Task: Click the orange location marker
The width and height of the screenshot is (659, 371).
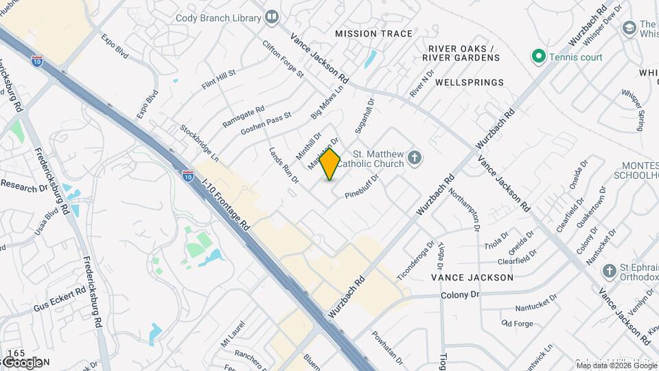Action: tap(330, 164)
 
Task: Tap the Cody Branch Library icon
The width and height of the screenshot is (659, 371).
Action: tap(273, 16)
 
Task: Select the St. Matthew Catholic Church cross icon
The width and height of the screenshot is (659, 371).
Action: tap(414, 159)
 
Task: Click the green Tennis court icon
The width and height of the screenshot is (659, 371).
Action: tap(539, 57)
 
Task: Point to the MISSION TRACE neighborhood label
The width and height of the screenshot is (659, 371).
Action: tap(374, 34)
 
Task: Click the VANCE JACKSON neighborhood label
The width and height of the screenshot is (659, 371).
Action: tap(472, 278)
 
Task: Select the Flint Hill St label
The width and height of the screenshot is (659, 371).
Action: tap(218, 80)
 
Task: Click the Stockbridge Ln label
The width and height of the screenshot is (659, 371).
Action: tap(199, 143)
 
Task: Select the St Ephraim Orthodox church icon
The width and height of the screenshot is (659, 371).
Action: tap(608, 271)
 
